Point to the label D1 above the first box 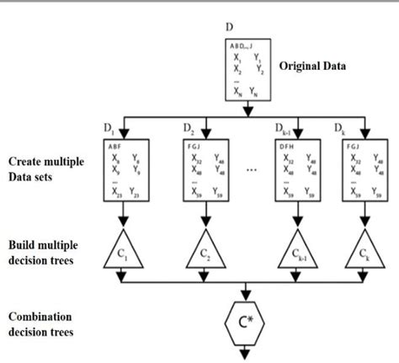(x=107, y=130)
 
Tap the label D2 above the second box (x=189, y=130)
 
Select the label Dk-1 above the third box (x=282, y=130)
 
